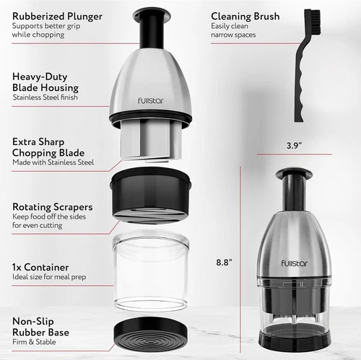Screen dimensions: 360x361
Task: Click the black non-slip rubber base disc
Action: click(x=152, y=333)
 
